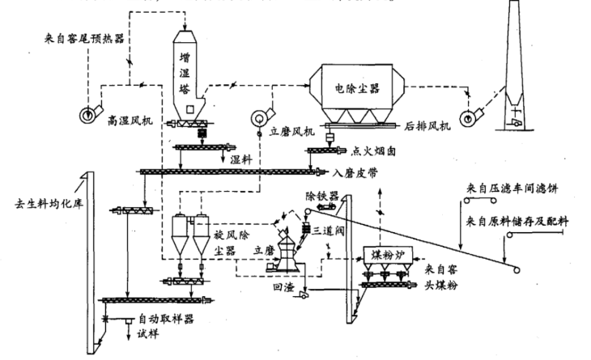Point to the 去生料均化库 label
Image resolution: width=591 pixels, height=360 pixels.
(41, 203)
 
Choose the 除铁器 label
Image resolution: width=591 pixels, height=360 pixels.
(321, 196)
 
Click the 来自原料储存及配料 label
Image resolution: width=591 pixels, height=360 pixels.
(518, 220)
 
